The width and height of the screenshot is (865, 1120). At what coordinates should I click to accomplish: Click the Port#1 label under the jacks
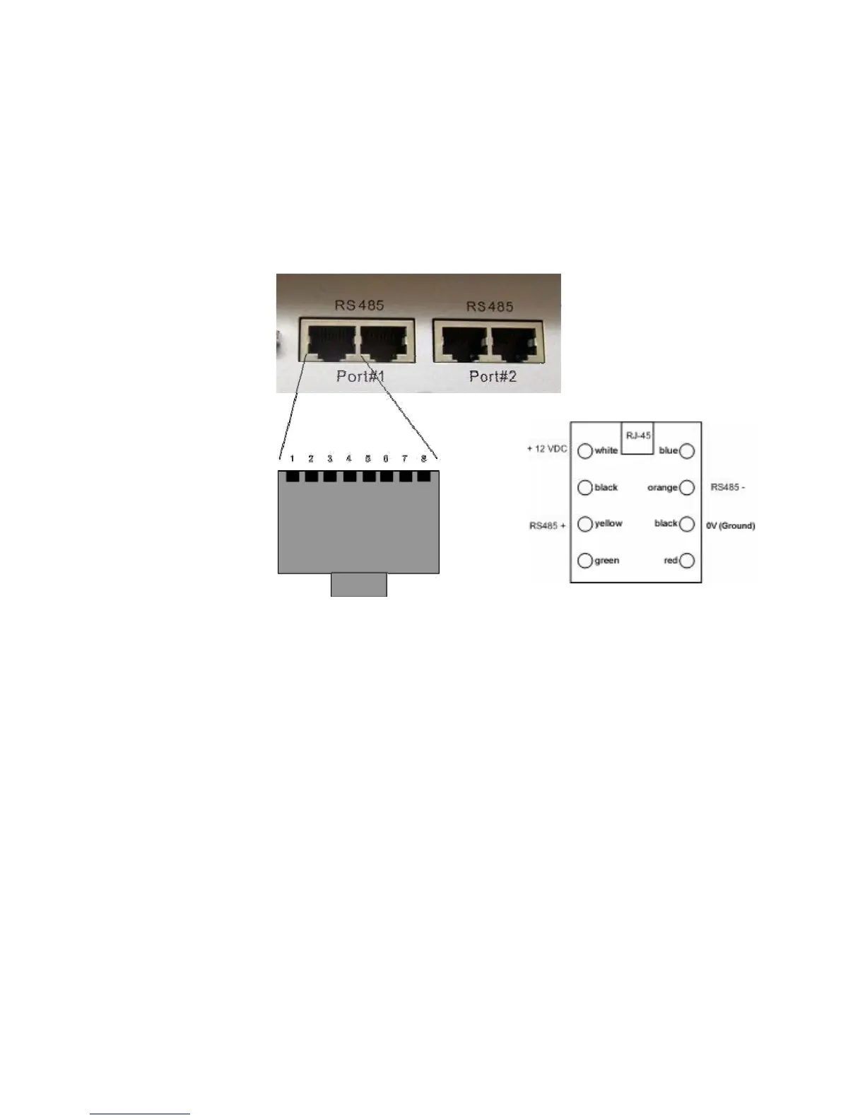tap(360, 376)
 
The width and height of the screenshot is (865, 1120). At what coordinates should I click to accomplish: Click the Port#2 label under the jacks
tap(493, 376)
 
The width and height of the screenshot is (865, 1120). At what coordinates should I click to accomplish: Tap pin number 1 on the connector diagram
tap(293, 460)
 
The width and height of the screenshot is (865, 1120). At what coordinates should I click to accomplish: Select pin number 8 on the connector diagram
tap(423, 460)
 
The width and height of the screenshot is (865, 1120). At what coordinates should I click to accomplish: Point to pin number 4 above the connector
tap(348, 460)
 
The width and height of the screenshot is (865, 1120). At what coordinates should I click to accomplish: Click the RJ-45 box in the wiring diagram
tap(638, 436)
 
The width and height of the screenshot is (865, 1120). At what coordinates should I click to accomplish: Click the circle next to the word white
tap(585, 451)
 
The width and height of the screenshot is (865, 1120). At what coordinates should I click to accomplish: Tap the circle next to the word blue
tap(686, 451)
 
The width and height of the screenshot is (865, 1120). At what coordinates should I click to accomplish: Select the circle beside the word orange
tap(686, 488)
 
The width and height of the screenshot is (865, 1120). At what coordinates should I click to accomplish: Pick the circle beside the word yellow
tap(585, 525)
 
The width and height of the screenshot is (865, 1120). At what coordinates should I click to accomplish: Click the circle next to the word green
tap(585, 561)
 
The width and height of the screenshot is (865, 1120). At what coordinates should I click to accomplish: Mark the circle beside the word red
tap(686, 561)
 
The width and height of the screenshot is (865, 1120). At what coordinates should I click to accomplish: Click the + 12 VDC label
tap(547, 449)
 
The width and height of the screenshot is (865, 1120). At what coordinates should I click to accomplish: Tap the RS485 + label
tap(547, 526)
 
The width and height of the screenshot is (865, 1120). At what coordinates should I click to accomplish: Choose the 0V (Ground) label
tap(731, 526)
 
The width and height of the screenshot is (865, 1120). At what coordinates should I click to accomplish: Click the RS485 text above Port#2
tap(490, 307)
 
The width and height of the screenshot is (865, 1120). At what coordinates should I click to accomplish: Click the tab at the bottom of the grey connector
tap(359, 585)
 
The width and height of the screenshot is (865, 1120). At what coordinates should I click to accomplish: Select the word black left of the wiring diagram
tap(606, 488)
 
